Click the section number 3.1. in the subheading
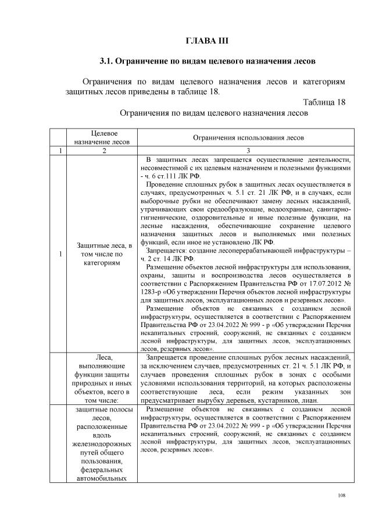pyautogui.click(x=108, y=61)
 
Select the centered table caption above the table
pyautogui.click(x=213, y=113)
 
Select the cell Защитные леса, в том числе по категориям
pyautogui.click(x=102, y=254)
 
